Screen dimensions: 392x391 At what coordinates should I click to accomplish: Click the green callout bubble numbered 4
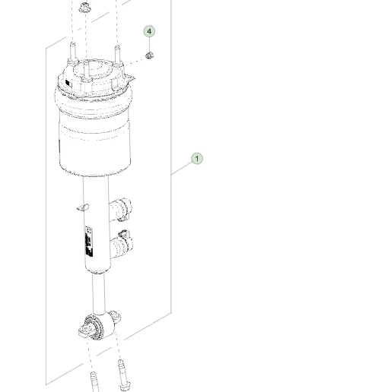point(150,32)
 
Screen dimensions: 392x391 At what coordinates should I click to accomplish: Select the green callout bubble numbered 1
point(197,159)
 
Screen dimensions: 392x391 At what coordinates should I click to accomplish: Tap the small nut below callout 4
point(150,55)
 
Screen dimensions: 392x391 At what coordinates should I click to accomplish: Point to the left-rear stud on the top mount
point(73,55)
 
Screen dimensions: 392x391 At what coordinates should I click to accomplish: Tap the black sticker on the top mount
point(68,82)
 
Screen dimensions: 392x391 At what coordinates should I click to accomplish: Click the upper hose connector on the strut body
point(122,207)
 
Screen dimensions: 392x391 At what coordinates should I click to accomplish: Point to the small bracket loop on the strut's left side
point(81,205)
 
